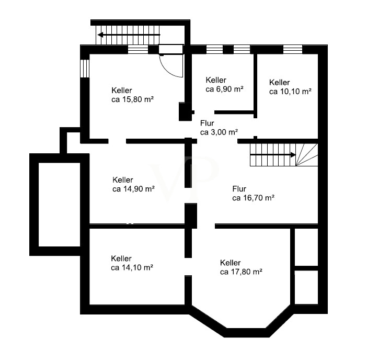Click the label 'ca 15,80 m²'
point(132,99)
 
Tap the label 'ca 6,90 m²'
point(224,89)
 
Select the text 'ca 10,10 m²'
point(290,92)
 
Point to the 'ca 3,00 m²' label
point(219,132)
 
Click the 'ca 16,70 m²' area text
point(253,198)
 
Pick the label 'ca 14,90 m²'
point(133,189)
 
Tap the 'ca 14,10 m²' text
point(132,267)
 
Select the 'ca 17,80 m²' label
point(241,272)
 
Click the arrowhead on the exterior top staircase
point(101,35)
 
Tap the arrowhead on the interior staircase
point(293,155)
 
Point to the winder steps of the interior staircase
point(306,155)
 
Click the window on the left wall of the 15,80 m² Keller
point(85,69)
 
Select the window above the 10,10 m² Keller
point(293,49)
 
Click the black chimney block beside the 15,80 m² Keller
point(185,111)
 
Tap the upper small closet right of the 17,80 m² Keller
point(306,247)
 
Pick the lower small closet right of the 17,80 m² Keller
point(306,287)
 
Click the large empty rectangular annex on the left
point(60,205)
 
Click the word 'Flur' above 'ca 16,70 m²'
point(239,189)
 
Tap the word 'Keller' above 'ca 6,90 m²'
point(216,80)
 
